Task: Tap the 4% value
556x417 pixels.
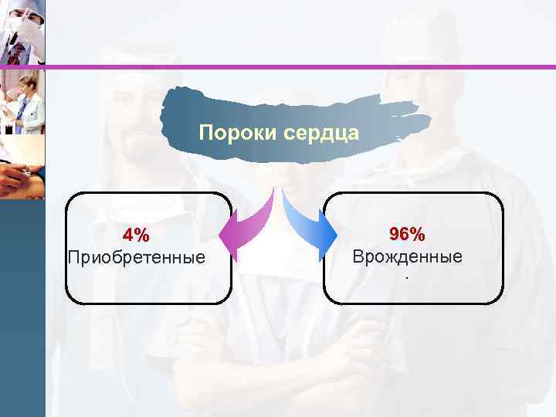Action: (x=136, y=235)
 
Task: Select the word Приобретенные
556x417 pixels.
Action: (x=137, y=256)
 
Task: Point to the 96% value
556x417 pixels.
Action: (x=407, y=234)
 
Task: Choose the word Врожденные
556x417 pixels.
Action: (x=407, y=256)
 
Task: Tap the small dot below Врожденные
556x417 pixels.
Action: (x=407, y=276)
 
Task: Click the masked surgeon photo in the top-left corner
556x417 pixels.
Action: (x=22, y=32)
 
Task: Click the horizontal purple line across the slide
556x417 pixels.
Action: (x=301, y=67)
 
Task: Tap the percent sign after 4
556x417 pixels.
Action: (x=143, y=235)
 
